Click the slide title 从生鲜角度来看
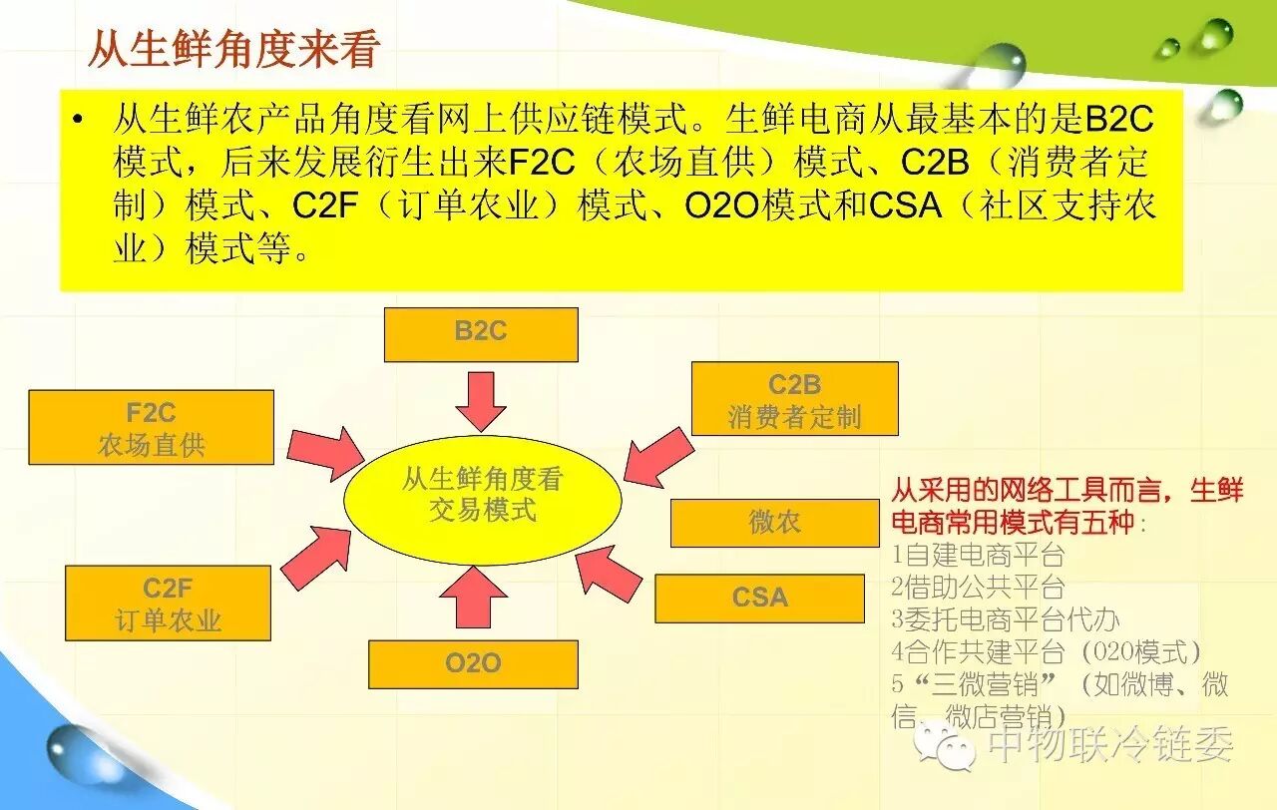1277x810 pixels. tap(233, 49)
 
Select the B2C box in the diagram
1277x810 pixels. tap(481, 334)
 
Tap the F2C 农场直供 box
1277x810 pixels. tap(152, 427)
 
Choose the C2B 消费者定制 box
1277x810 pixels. tap(794, 399)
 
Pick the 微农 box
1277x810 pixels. tap(774, 523)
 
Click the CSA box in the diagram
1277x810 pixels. tap(759, 598)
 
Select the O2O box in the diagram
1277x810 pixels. tap(473, 663)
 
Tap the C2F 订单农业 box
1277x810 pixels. tap(168, 603)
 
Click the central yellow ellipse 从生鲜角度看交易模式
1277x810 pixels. tap(483, 495)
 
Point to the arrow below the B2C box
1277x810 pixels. tap(481, 401)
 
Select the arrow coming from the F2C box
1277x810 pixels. tap(325, 451)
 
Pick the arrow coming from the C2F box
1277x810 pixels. tap(317, 555)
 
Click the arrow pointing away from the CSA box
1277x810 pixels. tap(611, 573)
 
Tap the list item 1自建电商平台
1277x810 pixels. tap(978, 555)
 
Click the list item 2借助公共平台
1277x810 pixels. tap(978, 587)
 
